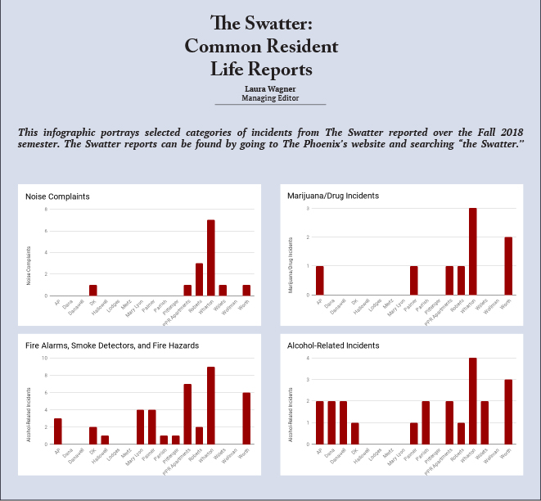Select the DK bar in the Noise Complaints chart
point(93,290)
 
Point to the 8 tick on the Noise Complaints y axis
point(46,210)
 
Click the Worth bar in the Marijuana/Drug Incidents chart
point(508,266)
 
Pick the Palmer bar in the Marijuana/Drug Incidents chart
point(414,280)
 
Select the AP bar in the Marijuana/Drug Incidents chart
point(319,280)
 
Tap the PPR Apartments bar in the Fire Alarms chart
point(187,413)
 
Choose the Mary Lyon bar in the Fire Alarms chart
point(141,427)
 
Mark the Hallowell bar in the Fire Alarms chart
point(105,440)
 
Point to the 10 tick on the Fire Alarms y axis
point(45,358)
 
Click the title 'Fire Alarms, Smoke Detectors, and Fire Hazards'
point(112,345)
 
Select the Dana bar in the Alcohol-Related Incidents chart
point(331,422)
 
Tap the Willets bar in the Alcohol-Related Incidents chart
point(485,422)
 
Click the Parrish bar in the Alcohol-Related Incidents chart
point(426,422)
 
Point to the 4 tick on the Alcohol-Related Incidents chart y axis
point(308,358)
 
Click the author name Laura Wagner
point(270,88)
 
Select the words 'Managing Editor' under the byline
point(270,98)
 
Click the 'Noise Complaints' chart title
point(57,196)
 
